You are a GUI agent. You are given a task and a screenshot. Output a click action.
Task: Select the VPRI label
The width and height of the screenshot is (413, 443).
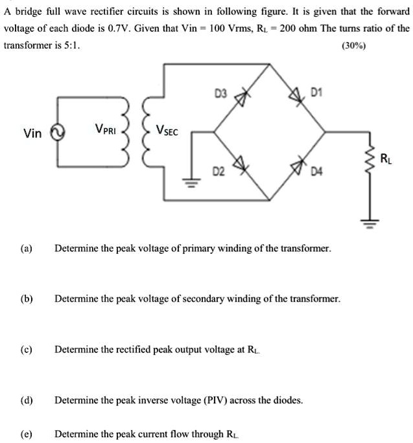click(106, 128)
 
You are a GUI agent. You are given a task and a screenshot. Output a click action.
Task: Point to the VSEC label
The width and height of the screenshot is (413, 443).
click(168, 130)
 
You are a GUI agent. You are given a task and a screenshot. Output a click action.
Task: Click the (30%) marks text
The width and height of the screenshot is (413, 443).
click(353, 47)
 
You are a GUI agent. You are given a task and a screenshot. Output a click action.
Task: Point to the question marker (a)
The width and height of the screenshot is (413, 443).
click(27, 248)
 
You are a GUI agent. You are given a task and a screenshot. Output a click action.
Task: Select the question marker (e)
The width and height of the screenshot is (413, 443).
click(27, 434)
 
